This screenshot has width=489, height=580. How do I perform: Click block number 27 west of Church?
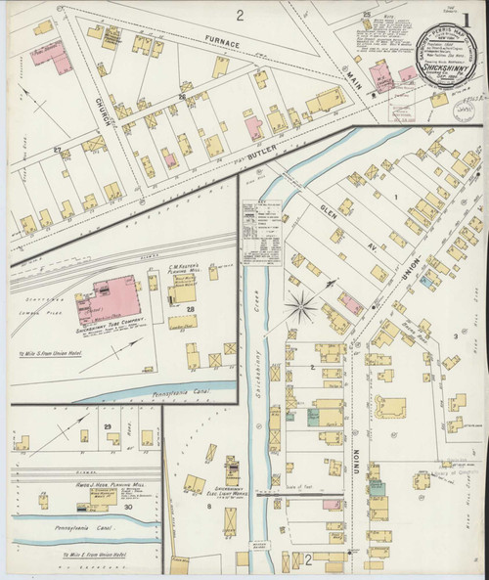click(x=57, y=150)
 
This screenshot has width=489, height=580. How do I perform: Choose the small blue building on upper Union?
click(x=428, y=281)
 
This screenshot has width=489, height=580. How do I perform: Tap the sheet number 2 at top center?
click(x=239, y=15)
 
